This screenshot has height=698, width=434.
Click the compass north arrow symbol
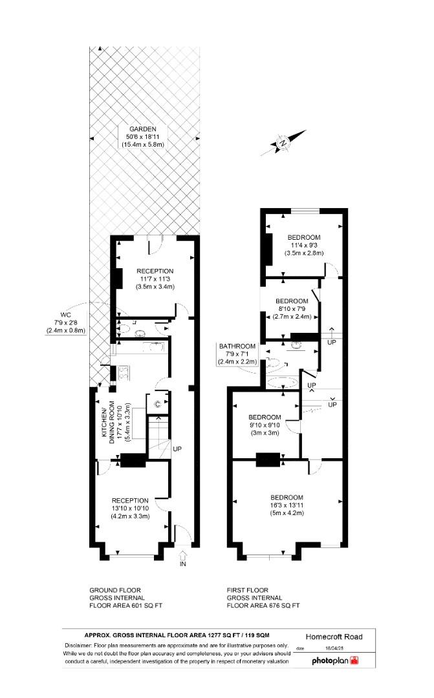pyautogui.click(x=283, y=143)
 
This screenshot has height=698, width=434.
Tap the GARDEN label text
pyautogui.click(x=142, y=128)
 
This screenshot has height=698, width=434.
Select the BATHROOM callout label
pyautogui.click(x=237, y=346)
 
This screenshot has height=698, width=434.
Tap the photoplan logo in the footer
pyautogui.click(x=334, y=661)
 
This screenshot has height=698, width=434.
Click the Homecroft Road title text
pyautogui.click(x=333, y=637)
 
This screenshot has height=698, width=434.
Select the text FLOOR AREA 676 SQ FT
pyautogui.click(x=263, y=606)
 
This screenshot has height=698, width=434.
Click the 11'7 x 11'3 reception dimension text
pyautogui.click(x=155, y=279)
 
